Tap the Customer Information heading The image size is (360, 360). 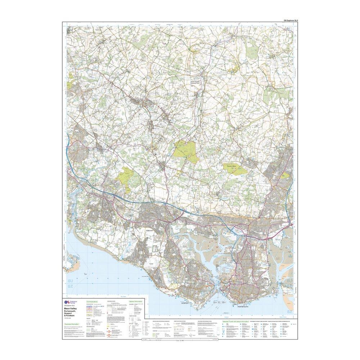click(x=73, y=324)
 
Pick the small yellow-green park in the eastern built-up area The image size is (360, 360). click(x=285, y=175)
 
